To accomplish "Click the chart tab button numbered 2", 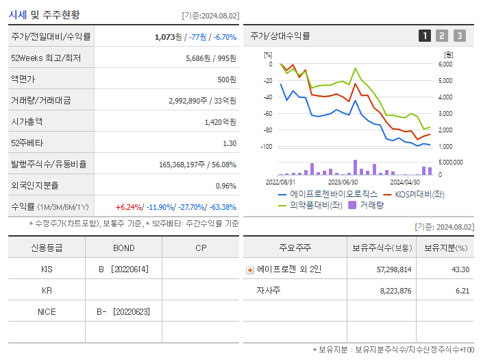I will (x=442, y=36).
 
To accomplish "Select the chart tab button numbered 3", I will (x=459, y=36).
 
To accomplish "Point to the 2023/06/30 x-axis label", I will (x=343, y=182).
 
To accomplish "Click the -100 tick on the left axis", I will (x=267, y=147).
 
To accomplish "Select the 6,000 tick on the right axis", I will (x=445, y=64).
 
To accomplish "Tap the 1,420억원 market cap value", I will (x=221, y=121).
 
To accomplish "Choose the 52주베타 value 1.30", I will (x=230, y=143).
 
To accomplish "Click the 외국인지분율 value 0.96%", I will (x=225, y=186).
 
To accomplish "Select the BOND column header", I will (x=123, y=248).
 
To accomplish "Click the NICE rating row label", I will (x=47, y=311).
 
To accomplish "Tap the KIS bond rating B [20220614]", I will (x=123, y=269).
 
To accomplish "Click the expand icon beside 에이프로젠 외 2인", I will (x=250, y=270).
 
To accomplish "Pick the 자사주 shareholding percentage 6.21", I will (x=460, y=291).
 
